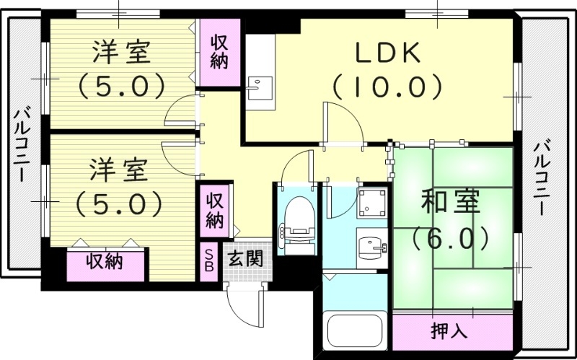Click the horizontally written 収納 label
pyautogui.click(x=105, y=261)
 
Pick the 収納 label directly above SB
pyautogui.click(x=215, y=208)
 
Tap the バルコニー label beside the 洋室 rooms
pyautogui.click(x=22, y=144)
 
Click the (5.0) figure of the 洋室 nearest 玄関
pyautogui.click(x=120, y=203)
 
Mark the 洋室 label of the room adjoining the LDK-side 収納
pyautogui.click(x=121, y=53)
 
